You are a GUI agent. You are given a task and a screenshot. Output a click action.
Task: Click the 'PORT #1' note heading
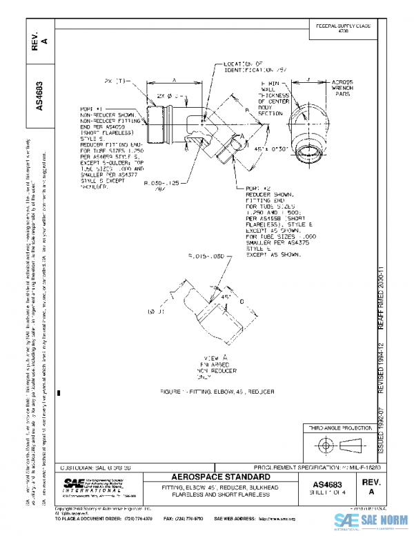pos(90,109)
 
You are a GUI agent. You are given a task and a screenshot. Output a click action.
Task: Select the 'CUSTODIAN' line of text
pos(97,468)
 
